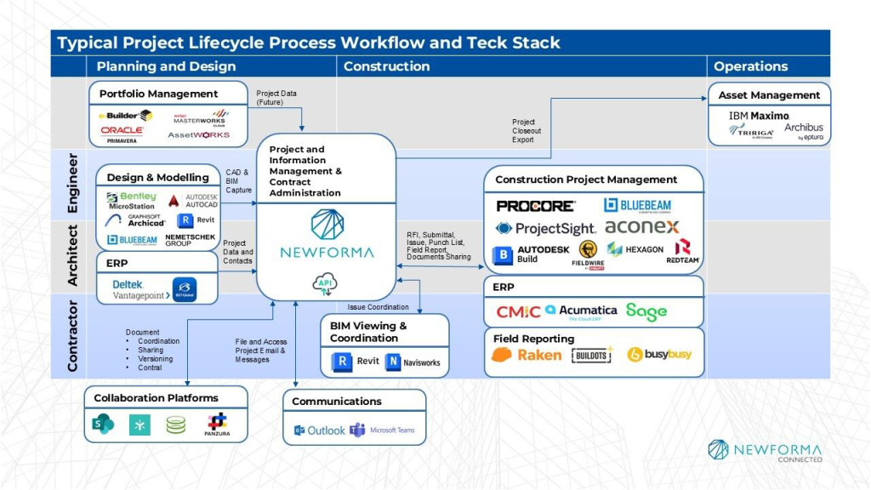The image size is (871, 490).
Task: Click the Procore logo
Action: pos(535,206)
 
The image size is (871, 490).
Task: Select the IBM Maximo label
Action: pos(759,115)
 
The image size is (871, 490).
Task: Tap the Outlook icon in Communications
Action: pos(320,430)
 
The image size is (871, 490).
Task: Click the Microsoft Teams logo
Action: pos(383,430)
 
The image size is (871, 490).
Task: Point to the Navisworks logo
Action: pos(413,362)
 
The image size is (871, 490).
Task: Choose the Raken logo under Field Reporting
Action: pos(527,355)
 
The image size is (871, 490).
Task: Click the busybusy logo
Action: pos(659,355)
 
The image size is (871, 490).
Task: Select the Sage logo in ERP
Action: pos(646,311)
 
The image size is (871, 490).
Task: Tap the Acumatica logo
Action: pos(582,311)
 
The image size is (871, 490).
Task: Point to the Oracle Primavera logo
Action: pos(122,134)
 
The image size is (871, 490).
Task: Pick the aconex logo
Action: pos(641,227)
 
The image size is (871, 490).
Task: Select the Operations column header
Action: pos(750,66)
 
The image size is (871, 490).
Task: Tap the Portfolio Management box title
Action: pos(158,94)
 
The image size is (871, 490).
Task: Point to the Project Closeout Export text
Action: pos(526,131)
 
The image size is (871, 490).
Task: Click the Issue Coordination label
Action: pos(378,307)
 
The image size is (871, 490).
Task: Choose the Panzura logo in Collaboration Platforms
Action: pos(218,424)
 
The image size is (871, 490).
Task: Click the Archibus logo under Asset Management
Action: pos(804,130)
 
